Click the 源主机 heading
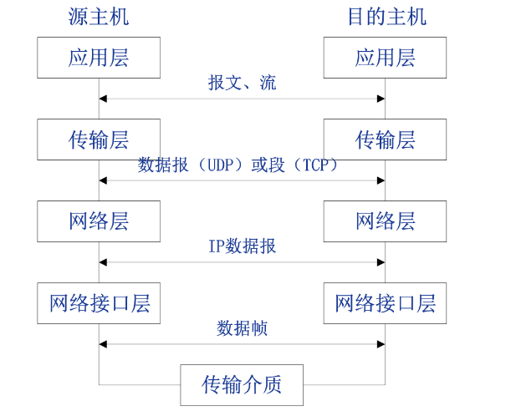(x=99, y=17)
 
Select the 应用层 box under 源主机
(x=99, y=58)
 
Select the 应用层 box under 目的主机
(x=386, y=58)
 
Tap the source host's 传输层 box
(x=99, y=140)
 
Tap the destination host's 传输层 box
(x=386, y=140)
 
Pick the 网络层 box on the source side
(x=99, y=221)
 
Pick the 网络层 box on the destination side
(x=386, y=221)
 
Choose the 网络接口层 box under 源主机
(x=99, y=302)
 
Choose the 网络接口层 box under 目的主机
(x=386, y=302)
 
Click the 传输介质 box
(x=242, y=384)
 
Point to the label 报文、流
(x=242, y=83)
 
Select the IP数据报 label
(x=242, y=246)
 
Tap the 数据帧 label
(x=242, y=328)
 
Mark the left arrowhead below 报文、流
(x=103, y=99)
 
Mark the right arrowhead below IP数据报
(x=381, y=262)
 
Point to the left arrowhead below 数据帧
(x=103, y=344)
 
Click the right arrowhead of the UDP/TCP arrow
(x=381, y=180)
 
